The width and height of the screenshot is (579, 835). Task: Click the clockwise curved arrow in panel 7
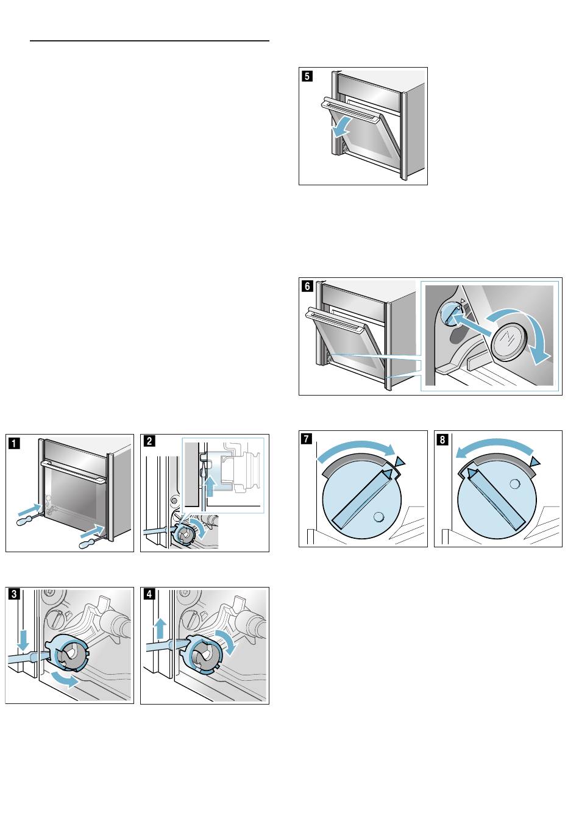(357, 451)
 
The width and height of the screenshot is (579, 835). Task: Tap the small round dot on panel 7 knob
(378, 516)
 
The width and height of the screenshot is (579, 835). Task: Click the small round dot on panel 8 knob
(516, 483)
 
